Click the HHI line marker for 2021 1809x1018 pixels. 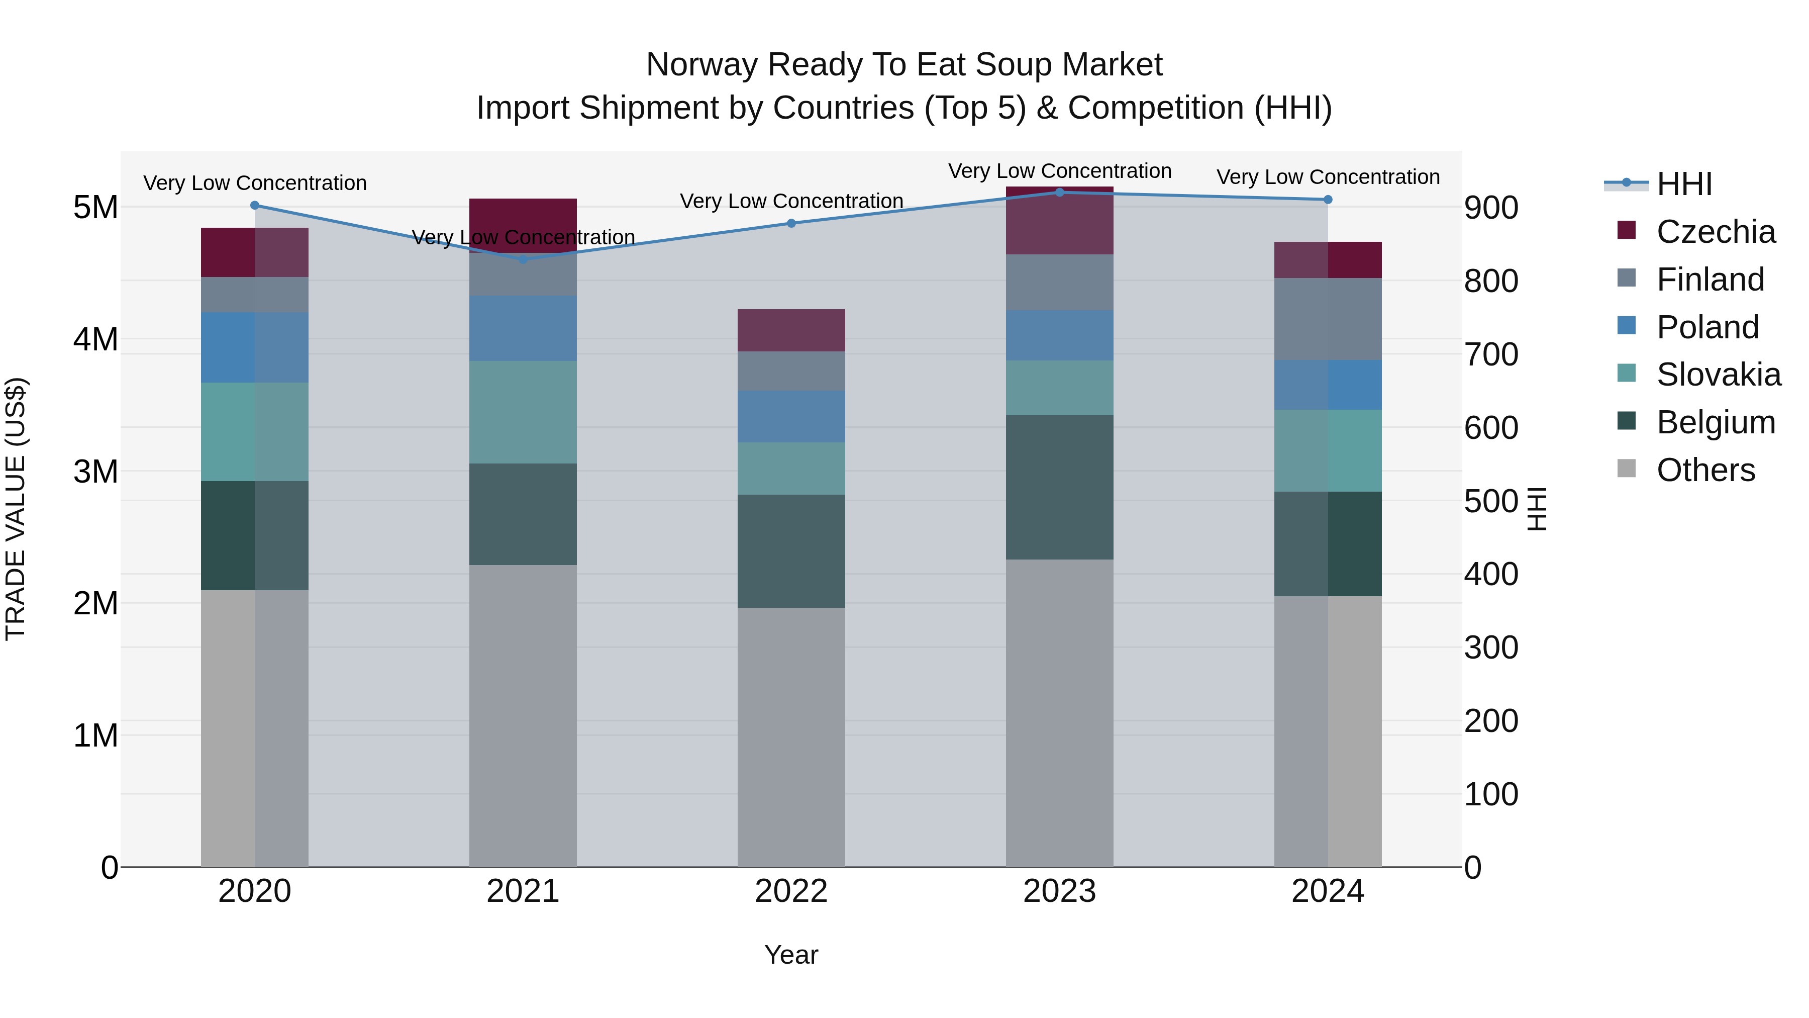(x=523, y=259)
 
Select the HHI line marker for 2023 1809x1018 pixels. (x=1060, y=193)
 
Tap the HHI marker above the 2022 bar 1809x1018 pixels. (x=791, y=223)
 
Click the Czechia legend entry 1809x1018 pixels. (x=1716, y=232)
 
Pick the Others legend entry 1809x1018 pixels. (x=1705, y=470)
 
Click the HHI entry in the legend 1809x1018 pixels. (x=1684, y=184)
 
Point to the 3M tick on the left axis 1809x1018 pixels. (x=95, y=472)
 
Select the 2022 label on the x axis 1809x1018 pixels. (x=791, y=891)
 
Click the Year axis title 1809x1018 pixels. (x=791, y=955)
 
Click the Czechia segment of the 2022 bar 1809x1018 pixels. (x=791, y=330)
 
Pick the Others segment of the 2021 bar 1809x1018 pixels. (x=523, y=715)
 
